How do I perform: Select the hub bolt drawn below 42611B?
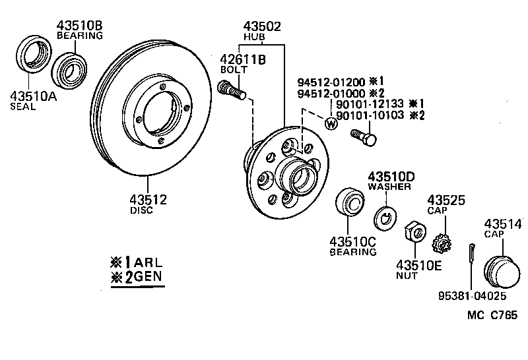(x=231, y=90)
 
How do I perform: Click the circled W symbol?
(x=331, y=123)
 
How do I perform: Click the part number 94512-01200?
(x=331, y=82)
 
